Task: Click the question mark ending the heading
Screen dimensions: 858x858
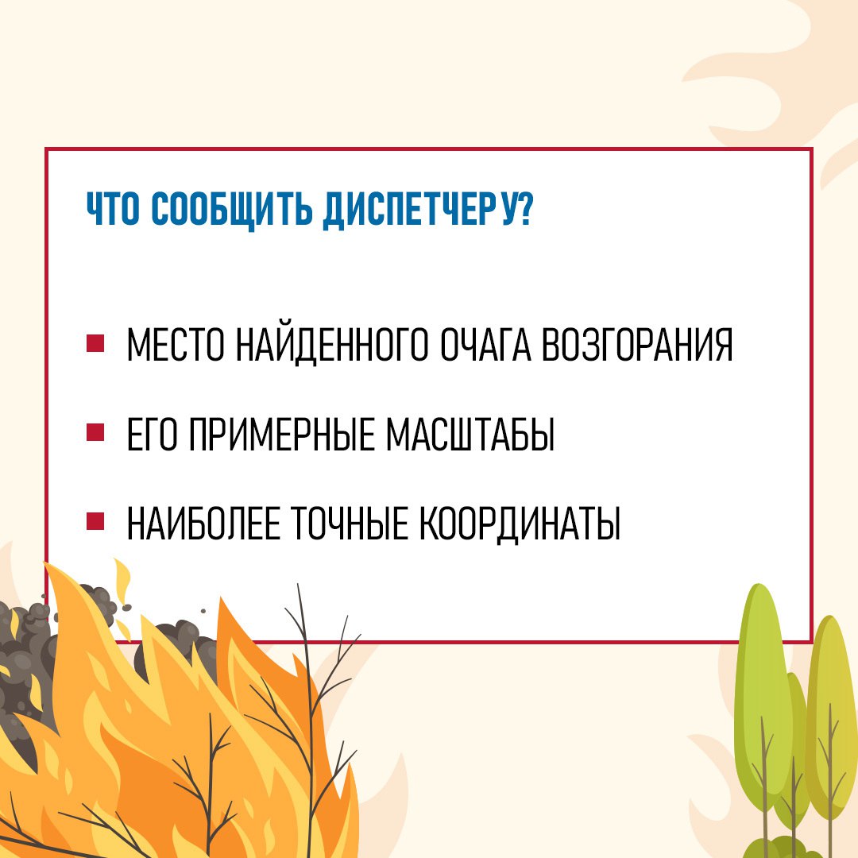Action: [525, 208]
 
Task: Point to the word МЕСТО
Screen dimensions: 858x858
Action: [175, 345]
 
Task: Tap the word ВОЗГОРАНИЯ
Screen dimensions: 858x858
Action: [637, 345]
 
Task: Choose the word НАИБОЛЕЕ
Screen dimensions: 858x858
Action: [203, 523]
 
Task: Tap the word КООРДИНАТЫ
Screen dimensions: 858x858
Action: [520, 523]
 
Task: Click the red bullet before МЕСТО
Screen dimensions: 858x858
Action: [95, 344]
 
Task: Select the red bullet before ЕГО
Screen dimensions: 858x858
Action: [95, 432]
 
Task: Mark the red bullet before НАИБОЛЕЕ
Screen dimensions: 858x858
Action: [95, 521]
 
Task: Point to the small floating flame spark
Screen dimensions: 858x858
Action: [122, 580]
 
